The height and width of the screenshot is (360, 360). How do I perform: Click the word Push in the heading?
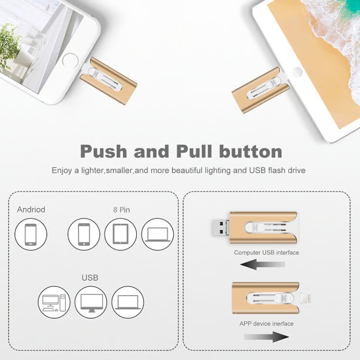click(103, 151)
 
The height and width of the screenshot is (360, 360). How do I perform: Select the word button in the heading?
click(251, 151)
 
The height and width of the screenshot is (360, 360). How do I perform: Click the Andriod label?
click(31, 209)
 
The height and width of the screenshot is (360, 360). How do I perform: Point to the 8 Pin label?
click(121, 209)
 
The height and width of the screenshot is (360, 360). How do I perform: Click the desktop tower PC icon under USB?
click(54, 302)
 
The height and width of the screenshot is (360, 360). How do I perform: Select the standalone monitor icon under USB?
click(91, 302)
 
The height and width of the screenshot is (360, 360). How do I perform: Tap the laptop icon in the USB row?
click(128, 302)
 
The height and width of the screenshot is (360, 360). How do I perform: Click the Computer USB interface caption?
click(266, 252)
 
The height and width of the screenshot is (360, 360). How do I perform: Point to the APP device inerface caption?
click(266, 324)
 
